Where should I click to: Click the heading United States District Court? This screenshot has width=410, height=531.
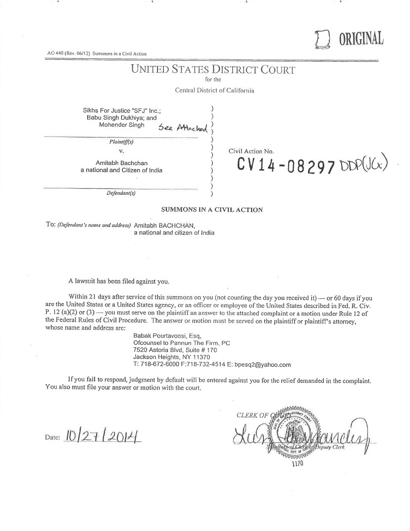point(213,70)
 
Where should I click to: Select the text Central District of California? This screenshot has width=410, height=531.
point(214,90)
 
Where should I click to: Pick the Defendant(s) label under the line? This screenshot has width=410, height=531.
point(121,193)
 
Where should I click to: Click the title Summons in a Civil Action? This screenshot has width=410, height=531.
point(212,210)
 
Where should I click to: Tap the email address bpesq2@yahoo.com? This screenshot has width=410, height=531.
point(265,364)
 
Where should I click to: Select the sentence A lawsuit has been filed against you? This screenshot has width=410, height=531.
point(119,281)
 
